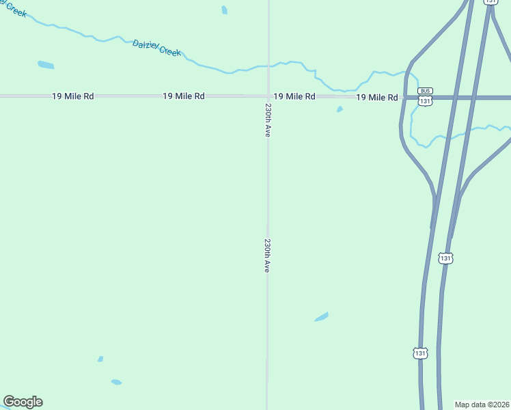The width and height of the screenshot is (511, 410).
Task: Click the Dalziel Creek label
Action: (156, 47)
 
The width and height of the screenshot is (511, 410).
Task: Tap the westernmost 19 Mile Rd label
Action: (72, 96)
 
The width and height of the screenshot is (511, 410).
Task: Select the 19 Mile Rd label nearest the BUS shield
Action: (376, 98)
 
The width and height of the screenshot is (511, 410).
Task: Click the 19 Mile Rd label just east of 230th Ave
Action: (294, 96)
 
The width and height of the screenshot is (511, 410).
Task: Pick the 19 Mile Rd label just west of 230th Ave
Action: (183, 96)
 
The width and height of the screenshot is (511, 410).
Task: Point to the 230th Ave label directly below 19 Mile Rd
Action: (268, 120)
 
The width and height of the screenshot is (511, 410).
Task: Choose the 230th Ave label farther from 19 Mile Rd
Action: (267, 256)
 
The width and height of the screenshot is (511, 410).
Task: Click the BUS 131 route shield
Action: (425, 97)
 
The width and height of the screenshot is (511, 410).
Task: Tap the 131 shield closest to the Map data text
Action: (420, 353)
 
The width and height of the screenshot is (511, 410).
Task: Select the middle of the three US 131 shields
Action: (445, 258)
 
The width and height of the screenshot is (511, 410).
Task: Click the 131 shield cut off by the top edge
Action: (491, 2)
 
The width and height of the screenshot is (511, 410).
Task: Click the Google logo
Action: (23, 402)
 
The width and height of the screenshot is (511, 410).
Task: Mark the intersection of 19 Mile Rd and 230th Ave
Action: (268, 96)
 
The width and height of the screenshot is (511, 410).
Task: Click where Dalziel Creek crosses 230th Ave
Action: (268, 66)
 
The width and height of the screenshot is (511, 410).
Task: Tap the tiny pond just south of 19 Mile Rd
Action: (340, 109)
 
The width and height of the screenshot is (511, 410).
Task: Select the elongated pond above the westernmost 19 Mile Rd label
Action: (46, 65)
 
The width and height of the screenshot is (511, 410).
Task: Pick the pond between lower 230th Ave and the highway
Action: (321, 316)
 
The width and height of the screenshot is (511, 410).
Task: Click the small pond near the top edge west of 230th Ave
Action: (224, 10)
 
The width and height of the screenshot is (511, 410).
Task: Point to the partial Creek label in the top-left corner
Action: (13, 8)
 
